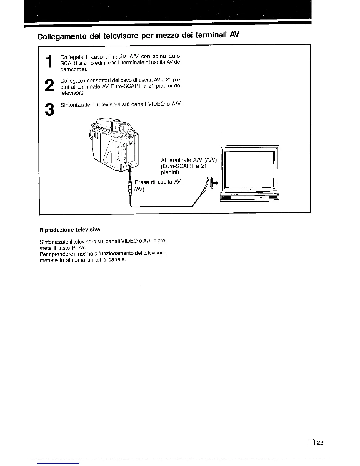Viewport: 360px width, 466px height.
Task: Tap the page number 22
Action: point(320,443)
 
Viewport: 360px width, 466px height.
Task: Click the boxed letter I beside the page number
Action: point(311,443)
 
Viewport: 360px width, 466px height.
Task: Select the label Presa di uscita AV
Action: point(157,182)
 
